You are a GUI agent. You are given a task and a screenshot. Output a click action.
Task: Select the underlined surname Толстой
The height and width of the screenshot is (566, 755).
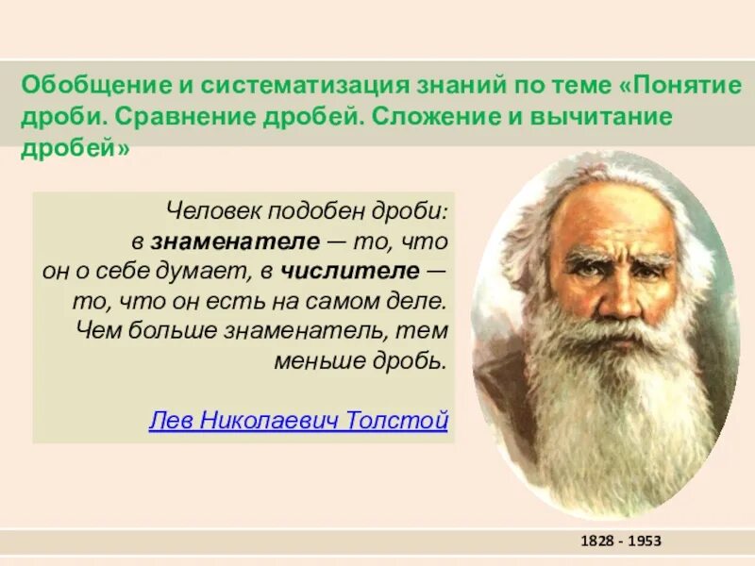coord(400,421)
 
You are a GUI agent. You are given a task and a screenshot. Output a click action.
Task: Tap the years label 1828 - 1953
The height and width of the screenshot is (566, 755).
coord(620,541)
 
